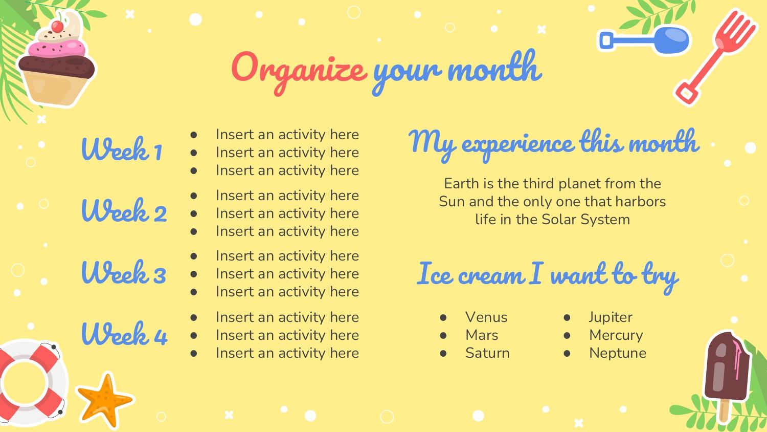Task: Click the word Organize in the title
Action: pyautogui.click(x=299, y=73)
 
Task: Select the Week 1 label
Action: pyautogui.click(x=122, y=148)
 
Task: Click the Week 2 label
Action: pyautogui.click(x=124, y=210)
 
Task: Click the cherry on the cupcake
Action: pyautogui.click(x=57, y=26)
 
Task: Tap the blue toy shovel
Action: pyautogui.click(x=644, y=40)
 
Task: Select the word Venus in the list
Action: pyautogui.click(x=486, y=317)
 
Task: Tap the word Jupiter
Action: pyautogui.click(x=611, y=317)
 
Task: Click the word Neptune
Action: pyautogui.click(x=618, y=353)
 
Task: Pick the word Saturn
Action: pyautogui.click(x=487, y=353)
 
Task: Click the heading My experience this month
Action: pyautogui.click(x=554, y=144)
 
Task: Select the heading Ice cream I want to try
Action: pyautogui.click(x=548, y=276)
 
